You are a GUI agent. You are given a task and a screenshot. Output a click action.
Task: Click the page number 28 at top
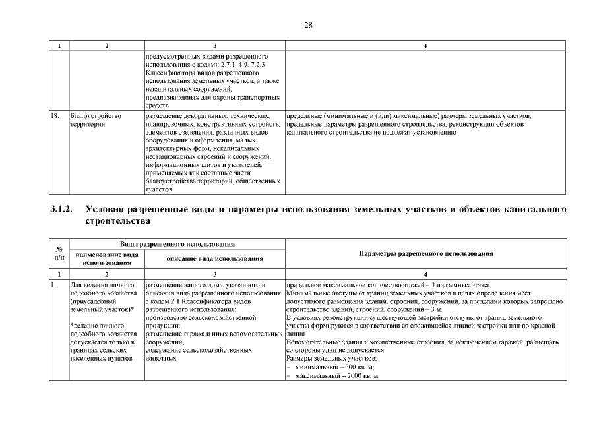308,25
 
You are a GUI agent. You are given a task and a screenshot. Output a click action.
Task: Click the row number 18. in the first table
55,116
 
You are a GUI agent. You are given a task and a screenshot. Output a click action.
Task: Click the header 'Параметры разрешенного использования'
425,254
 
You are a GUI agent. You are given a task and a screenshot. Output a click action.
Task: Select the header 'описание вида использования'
214,258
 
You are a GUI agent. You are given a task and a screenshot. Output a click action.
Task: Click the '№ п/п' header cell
59,254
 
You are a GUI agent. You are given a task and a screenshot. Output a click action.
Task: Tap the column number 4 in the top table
425,45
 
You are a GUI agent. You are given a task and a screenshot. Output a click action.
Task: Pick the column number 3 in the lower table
214,272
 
